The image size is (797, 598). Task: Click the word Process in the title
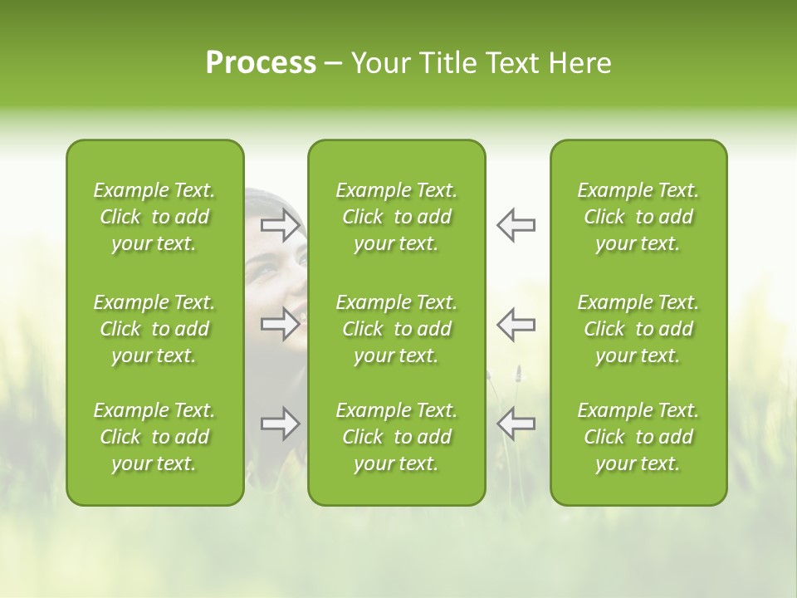(261, 63)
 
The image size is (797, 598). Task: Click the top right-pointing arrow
(281, 225)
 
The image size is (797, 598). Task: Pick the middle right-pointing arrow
(281, 324)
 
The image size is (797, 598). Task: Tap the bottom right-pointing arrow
(281, 424)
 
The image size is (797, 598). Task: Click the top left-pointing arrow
(516, 225)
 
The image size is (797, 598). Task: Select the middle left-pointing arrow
(516, 324)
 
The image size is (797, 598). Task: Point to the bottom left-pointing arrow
(516, 424)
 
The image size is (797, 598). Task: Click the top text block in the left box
(154, 217)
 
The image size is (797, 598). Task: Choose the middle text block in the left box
(154, 329)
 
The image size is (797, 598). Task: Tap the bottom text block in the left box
(154, 437)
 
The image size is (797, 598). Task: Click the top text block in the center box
(396, 217)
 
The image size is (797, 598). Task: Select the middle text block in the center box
(396, 329)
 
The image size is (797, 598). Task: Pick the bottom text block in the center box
(396, 437)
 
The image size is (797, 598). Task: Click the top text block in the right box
(638, 217)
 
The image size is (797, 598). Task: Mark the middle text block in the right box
(638, 329)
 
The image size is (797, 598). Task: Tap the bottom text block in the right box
(638, 437)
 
